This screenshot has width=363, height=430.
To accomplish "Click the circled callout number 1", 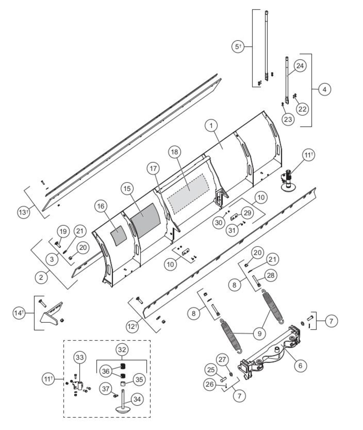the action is pyautogui.click(x=211, y=126).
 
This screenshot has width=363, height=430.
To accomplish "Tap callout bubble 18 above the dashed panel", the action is pyautogui.click(x=175, y=152).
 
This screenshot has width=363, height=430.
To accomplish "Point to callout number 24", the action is pyautogui.click(x=300, y=66).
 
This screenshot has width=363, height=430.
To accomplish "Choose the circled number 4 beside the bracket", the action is pyautogui.click(x=325, y=89).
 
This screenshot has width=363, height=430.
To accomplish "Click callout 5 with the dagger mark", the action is pyautogui.click(x=238, y=47).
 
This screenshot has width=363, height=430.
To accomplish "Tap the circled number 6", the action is pyautogui.click(x=300, y=366).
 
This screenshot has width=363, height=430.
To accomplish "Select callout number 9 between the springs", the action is pyautogui.click(x=260, y=333).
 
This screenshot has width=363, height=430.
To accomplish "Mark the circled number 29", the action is pyautogui.click(x=248, y=213).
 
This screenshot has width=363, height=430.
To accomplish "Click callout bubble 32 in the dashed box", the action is pyautogui.click(x=122, y=350).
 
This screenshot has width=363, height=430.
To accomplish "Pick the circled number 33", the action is pyautogui.click(x=79, y=357).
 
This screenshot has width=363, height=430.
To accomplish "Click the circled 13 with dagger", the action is pyautogui.click(x=24, y=212).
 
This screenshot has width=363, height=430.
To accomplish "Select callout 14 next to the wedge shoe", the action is pyautogui.click(x=19, y=313).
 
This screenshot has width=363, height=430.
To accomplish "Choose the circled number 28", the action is pyautogui.click(x=270, y=275).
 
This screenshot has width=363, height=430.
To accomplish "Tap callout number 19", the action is pyautogui.click(x=63, y=232).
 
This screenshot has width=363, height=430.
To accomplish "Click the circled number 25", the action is pyautogui.click(x=211, y=370).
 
